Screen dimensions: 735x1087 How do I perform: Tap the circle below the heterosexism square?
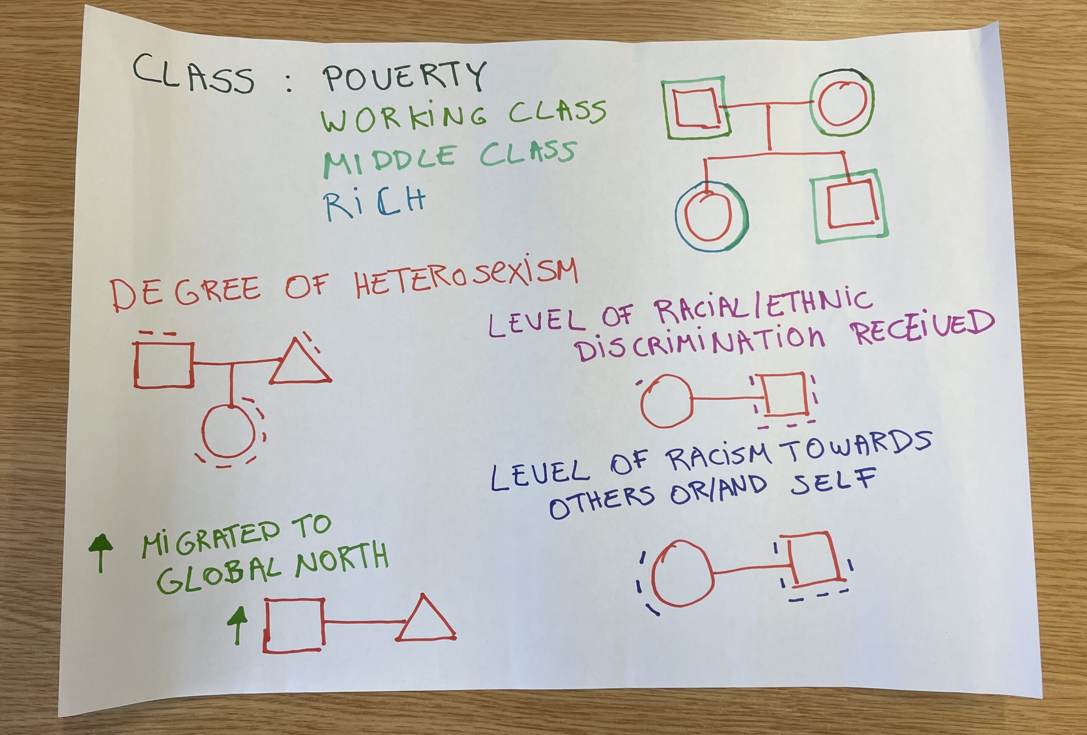[x=229, y=431]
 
